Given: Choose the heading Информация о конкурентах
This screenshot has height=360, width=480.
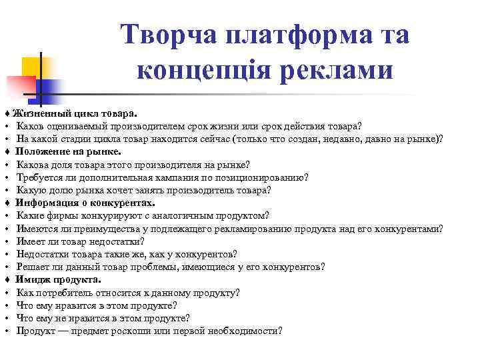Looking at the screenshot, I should (x=85, y=203).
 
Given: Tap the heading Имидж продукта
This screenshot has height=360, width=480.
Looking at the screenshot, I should (x=59, y=279).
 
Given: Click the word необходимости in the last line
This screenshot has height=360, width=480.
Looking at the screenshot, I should (x=243, y=331).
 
